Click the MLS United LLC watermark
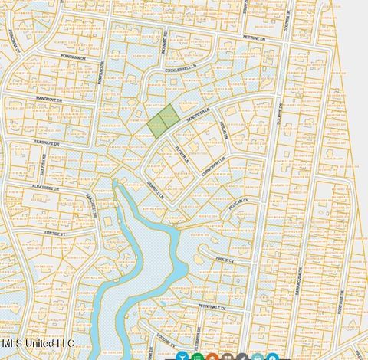pyautogui.click(x=38, y=343)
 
